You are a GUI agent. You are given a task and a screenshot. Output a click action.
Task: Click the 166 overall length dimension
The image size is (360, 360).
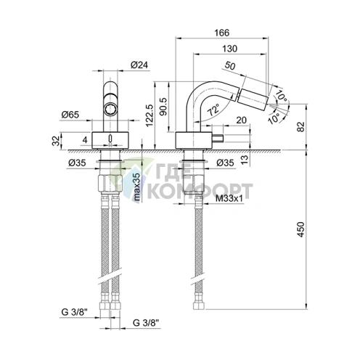pos(222,33)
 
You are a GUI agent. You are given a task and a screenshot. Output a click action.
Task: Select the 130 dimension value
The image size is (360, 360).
pos(230,49)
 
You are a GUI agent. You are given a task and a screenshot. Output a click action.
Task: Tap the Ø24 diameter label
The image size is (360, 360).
pos(139,65)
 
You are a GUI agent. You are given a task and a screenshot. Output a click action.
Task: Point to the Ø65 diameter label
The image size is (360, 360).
pos(70,115)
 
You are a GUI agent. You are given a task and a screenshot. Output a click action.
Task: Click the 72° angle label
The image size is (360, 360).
pos(213,110)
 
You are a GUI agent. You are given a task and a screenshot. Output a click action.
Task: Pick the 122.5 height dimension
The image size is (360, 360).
pos(150,115)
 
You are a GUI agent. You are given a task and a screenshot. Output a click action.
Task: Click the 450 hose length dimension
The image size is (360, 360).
pos(300,229)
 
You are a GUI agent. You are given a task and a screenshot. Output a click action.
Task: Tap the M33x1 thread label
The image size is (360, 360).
pos(229,198)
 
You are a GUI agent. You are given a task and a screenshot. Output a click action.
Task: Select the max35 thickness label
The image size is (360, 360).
pos(136,187)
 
